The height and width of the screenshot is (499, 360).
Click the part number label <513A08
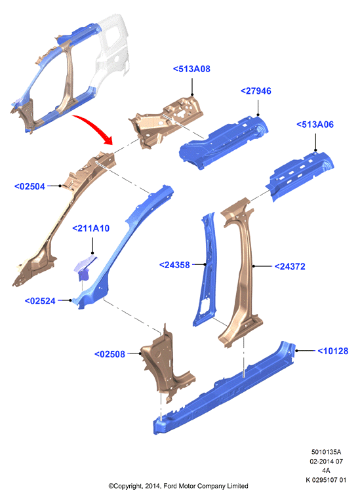coord(191,69)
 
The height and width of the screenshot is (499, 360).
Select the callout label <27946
coord(256,91)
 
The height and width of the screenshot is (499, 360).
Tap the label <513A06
coord(315,125)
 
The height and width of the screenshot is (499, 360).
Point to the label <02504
coord(30,186)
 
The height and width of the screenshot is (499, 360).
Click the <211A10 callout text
coord(91,228)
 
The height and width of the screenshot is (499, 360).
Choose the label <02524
coord(40,301)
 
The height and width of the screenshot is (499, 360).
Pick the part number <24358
coord(174,265)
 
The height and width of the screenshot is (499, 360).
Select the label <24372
coord(290,266)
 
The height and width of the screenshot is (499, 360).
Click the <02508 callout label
coord(110,354)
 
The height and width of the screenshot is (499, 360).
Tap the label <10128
coord(333,351)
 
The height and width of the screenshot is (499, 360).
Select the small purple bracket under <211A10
coord(85,267)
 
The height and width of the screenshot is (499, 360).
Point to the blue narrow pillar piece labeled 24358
coord(205,271)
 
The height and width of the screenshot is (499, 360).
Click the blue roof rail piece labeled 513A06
coord(299,175)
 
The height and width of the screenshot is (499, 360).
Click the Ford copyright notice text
coord(178,486)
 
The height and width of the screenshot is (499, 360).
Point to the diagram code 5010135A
coord(326,452)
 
